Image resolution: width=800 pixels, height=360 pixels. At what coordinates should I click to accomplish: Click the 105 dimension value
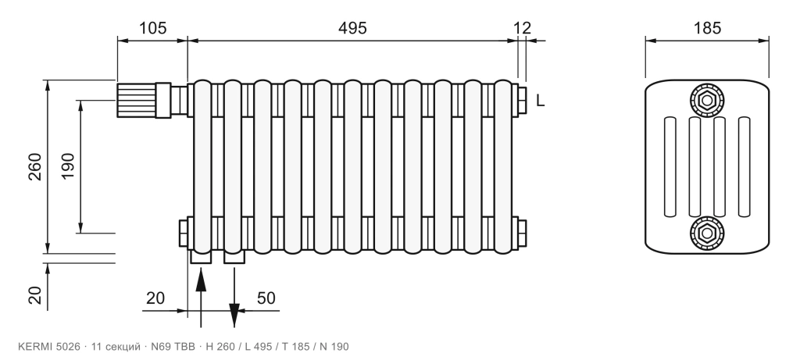tap(153, 27)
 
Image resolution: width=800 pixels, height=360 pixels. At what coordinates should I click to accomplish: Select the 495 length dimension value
tap(352, 27)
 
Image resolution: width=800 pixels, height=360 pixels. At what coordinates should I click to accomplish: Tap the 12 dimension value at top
tap(522, 27)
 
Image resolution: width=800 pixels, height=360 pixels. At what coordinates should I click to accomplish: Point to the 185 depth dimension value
tap(707, 27)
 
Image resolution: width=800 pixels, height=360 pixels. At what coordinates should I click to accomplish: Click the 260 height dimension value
tap(35, 166)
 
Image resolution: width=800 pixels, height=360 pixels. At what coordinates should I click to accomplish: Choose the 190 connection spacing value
tap(68, 166)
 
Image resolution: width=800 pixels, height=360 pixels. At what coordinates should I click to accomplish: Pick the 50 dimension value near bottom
tap(266, 298)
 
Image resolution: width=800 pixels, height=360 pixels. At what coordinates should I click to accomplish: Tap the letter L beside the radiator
tap(541, 101)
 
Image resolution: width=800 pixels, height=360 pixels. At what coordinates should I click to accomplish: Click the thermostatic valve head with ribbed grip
tap(136, 101)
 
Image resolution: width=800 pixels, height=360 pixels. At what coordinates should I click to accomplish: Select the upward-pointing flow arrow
tap(201, 297)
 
